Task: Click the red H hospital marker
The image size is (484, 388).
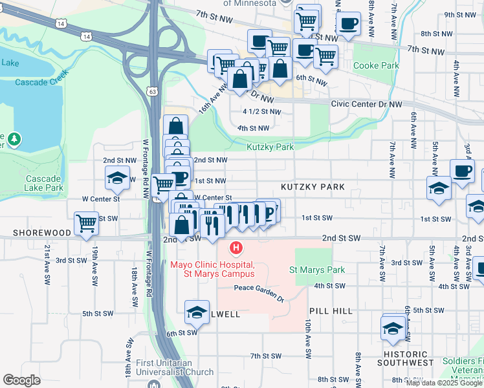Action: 237,248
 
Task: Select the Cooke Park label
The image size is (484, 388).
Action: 375,66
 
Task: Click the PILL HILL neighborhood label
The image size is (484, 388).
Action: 330,311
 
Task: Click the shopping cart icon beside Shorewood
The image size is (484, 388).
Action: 85,224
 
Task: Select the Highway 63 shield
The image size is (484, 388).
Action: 152,92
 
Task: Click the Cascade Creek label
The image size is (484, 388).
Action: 41,83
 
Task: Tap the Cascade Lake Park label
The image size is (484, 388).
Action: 44,183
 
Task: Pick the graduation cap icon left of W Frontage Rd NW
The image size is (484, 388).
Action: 116,178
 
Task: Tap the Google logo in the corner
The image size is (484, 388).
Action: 21,380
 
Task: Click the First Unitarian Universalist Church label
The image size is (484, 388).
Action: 175,367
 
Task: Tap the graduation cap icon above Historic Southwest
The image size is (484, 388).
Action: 393,329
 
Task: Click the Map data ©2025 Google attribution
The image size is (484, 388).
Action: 445,383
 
